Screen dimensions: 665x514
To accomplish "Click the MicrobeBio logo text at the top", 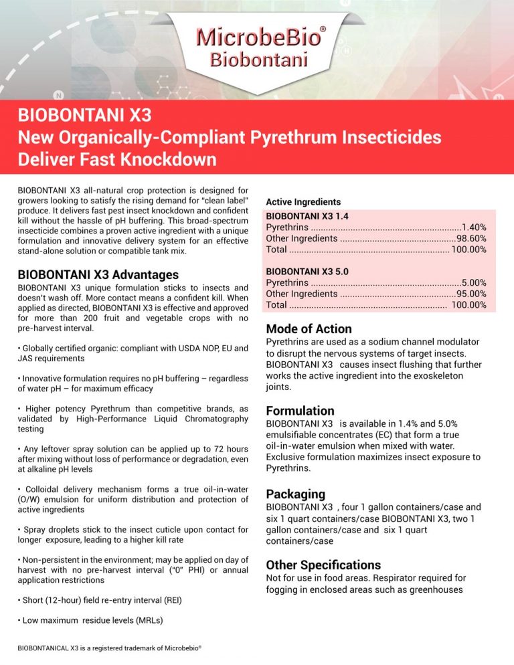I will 256,37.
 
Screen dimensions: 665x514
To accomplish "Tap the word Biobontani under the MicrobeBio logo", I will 259,60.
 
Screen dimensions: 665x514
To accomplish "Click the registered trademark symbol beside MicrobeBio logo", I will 323,30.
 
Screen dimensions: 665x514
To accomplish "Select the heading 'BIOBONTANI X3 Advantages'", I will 98,274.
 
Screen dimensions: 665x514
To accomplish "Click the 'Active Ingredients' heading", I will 303,201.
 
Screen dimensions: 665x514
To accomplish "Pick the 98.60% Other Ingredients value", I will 471,238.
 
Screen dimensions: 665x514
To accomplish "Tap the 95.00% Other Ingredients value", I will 471,294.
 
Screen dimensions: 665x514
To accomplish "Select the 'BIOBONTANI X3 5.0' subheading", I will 307,272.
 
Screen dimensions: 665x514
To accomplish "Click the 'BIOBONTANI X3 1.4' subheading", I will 307,216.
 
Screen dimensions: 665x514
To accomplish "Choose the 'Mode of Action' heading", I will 309,328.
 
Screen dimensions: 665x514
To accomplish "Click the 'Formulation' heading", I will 301,410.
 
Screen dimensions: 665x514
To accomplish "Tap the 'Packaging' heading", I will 296,494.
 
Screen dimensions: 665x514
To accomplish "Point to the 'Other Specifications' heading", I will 323,564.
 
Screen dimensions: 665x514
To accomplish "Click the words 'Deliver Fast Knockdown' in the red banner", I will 117,160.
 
